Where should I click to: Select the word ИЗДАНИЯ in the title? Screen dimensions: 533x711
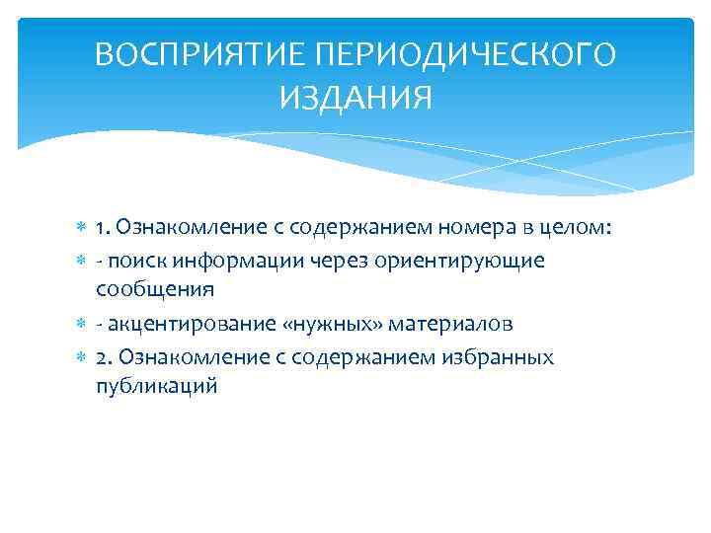(x=355, y=99)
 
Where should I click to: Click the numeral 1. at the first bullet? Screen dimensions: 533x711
(x=104, y=229)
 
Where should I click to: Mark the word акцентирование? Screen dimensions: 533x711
(x=184, y=324)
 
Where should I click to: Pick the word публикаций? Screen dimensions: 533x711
(x=156, y=387)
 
